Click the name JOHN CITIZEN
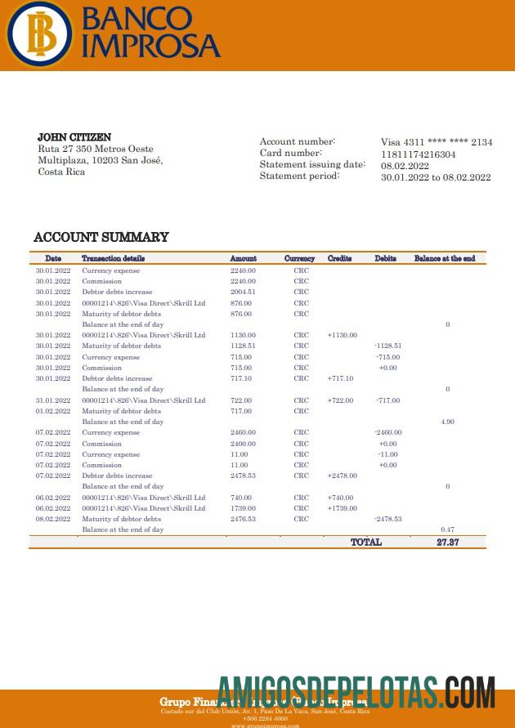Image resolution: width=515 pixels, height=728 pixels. (x=74, y=137)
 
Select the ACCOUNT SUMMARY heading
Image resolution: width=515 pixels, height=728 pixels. (x=101, y=237)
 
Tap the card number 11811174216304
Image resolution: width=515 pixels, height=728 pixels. (x=419, y=154)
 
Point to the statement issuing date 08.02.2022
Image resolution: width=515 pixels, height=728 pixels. (x=405, y=165)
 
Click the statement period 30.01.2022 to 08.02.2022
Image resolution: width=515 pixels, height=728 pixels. (x=436, y=177)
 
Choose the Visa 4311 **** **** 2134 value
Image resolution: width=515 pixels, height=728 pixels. (x=437, y=142)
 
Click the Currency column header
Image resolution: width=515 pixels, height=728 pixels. (x=299, y=258)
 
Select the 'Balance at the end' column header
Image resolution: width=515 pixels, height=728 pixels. (x=445, y=258)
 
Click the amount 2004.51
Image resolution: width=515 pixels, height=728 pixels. (x=243, y=292)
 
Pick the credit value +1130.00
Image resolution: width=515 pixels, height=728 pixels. (x=342, y=335)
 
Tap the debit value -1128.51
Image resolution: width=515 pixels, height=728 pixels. (x=387, y=346)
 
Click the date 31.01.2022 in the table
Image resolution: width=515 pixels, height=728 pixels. (x=53, y=400)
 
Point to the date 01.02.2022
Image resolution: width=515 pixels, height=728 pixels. (x=53, y=411)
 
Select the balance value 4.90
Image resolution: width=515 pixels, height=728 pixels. (x=447, y=422)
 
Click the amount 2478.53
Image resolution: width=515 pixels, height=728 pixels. (x=243, y=476)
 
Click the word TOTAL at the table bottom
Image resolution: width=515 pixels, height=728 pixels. (x=365, y=542)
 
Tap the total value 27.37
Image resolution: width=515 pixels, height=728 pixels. (x=447, y=542)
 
